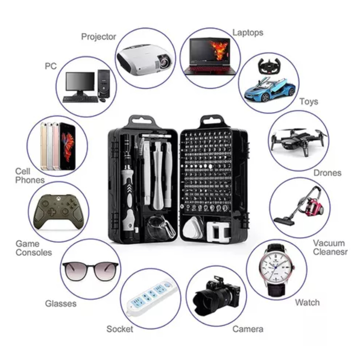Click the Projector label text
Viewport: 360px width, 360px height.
click(x=99, y=36)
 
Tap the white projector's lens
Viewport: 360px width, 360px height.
click(x=164, y=62)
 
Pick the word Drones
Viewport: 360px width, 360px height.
click(x=327, y=173)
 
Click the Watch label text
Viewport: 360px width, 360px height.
click(x=307, y=302)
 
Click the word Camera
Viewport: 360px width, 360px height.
click(x=248, y=329)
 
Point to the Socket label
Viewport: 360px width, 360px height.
click(x=120, y=329)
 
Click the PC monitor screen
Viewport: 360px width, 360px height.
click(x=80, y=82)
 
